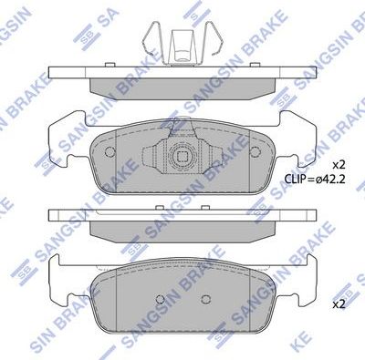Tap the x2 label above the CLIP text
[338, 165]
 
